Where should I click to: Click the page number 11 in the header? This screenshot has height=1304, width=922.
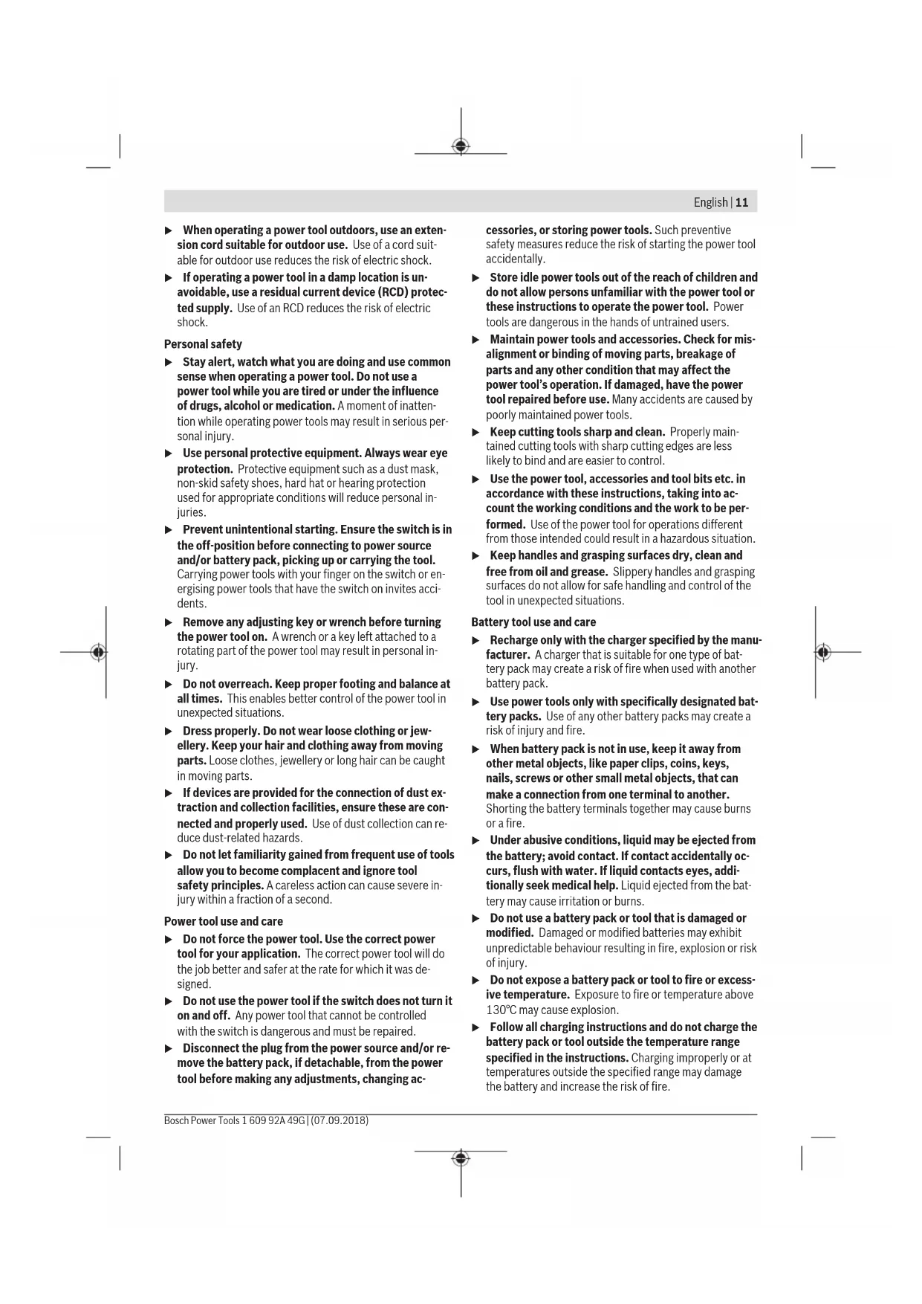coord(742,202)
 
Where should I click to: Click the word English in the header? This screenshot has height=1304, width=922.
coord(710,202)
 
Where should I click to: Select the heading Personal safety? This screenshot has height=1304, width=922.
coord(203,344)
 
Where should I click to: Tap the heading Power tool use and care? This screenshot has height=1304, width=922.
coord(223,921)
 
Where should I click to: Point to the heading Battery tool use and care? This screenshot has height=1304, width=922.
coord(533,622)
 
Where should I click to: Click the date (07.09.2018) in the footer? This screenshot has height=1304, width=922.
coord(340,1120)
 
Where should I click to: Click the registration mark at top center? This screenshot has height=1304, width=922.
coord(461,146)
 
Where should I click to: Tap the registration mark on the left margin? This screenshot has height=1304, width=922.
coord(98,652)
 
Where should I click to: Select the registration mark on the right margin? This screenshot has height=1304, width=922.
coord(822,652)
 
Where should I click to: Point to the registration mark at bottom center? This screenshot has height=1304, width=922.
coord(461,1158)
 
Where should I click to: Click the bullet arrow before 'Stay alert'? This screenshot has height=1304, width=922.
coord(169,362)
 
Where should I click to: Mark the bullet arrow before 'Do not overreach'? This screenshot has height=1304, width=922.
coord(169,684)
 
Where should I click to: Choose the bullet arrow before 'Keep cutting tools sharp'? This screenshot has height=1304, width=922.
coord(476,432)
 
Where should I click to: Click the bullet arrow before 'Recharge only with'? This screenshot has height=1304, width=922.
coord(476,640)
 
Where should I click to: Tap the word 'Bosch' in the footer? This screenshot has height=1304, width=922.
coord(176,1120)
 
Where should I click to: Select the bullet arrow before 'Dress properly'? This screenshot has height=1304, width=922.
coord(169,731)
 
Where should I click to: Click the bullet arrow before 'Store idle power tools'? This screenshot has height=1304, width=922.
coord(476,277)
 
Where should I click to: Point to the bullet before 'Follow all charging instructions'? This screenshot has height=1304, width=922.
coord(476,1027)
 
